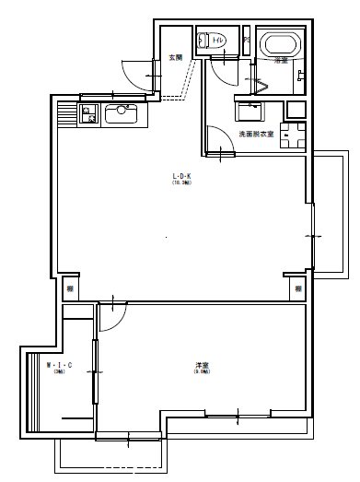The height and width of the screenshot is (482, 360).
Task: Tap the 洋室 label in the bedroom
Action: tap(201, 365)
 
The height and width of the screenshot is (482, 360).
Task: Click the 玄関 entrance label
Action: tap(175, 58)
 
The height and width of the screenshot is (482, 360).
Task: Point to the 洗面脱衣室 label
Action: tap(255, 135)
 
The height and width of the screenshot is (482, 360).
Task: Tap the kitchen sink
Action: tap(122, 114)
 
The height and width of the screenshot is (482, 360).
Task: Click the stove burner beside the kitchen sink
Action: tap(89, 113)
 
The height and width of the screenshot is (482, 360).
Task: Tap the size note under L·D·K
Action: tap(180, 183)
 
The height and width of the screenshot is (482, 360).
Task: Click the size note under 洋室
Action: tap(201, 372)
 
